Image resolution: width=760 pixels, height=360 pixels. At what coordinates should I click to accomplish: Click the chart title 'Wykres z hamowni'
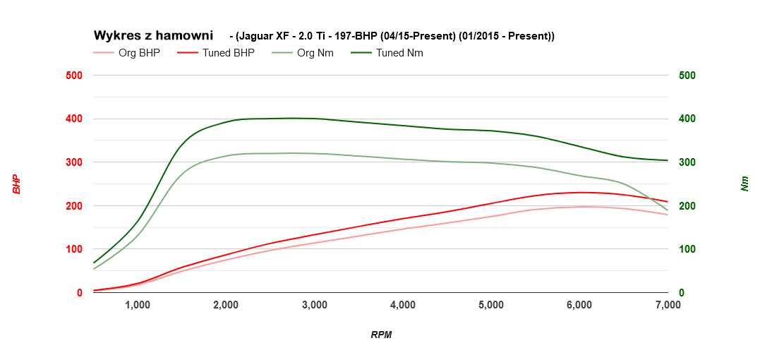click(x=153, y=35)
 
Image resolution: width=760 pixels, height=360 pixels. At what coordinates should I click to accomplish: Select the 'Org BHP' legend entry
click(x=139, y=53)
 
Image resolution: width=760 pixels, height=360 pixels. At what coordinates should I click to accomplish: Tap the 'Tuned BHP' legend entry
click(x=228, y=53)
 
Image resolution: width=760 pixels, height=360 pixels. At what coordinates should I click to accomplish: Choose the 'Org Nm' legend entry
click(x=315, y=53)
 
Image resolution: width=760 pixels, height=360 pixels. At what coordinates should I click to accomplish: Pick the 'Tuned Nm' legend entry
click(x=399, y=53)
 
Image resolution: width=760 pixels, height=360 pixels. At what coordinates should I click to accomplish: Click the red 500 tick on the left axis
click(x=74, y=76)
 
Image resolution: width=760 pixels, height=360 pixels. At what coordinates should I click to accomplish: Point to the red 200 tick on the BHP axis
click(x=74, y=206)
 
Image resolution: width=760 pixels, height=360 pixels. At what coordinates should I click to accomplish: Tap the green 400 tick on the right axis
click(x=687, y=119)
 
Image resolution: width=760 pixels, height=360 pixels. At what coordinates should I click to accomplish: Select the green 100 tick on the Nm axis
click(x=687, y=249)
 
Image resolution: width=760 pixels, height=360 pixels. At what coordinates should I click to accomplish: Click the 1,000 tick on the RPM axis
click(x=138, y=305)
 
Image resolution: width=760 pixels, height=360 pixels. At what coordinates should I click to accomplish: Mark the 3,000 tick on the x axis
click(x=314, y=305)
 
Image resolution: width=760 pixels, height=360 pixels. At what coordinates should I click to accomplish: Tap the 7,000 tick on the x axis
click(x=668, y=305)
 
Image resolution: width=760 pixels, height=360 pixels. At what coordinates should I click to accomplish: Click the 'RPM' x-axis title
click(x=381, y=335)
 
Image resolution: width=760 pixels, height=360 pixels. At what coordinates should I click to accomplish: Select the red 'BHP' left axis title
click(x=16, y=184)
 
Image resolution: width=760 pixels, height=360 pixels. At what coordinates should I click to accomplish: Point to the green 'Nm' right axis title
click(x=744, y=184)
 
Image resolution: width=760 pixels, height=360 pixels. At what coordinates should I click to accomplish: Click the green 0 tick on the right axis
click(x=682, y=293)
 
